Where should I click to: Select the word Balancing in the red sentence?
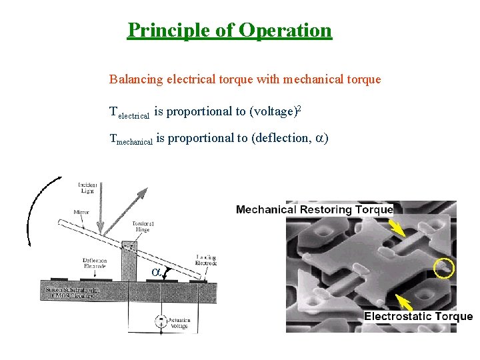pyautogui.click(x=135, y=79)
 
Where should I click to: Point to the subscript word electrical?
pyautogui.click(x=133, y=115)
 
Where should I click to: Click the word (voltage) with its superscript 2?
pyautogui.click(x=275, y=111)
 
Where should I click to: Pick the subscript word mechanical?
pyautogui.click(x=135, y=141)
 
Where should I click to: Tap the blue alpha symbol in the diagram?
pyautogui.click(x=155, y=273)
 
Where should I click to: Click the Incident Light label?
pyautogui.click(x=88, y=187)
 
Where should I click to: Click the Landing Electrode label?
pyautogui.click(x=205, y=261)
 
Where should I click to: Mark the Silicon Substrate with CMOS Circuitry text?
pyautogui.click(x=69, y=293)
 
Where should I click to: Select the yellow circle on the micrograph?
pyautogui.click(x=443, y=268)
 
